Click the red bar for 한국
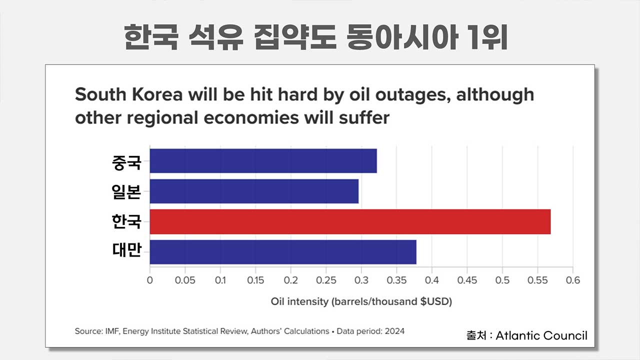point(350,221)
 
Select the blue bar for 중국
point(263,161)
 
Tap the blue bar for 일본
point(254,191)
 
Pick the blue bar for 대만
point(283,252)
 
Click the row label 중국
point(127,162)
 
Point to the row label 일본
point(127,192)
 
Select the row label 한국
point(127,221)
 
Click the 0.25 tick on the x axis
point(326,280)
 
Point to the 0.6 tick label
point(573,280)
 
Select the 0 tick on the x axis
point(150,280)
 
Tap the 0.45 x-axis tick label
point(467,280)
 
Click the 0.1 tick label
point(220,280)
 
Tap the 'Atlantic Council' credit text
point(541,335)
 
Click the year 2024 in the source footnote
point(394,331)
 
